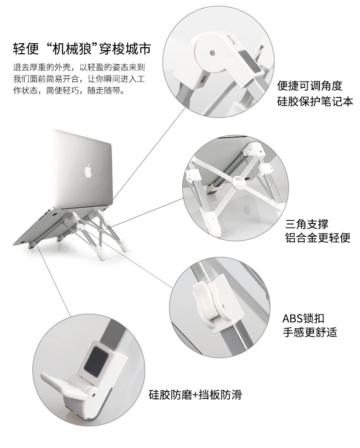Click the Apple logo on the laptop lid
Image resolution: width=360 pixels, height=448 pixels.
[88, 170]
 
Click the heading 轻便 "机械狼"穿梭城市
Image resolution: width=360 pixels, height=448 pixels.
[82, 49]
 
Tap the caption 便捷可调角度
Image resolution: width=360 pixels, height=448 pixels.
[309, 86]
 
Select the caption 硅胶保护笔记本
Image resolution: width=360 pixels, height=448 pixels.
[314, 101]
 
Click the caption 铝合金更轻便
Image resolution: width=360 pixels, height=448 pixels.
[318, 238]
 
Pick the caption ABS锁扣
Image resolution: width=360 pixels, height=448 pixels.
[303, 318]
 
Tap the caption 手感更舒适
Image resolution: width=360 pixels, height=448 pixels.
[310, 332]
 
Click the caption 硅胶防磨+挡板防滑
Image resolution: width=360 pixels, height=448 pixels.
[195, 394]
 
